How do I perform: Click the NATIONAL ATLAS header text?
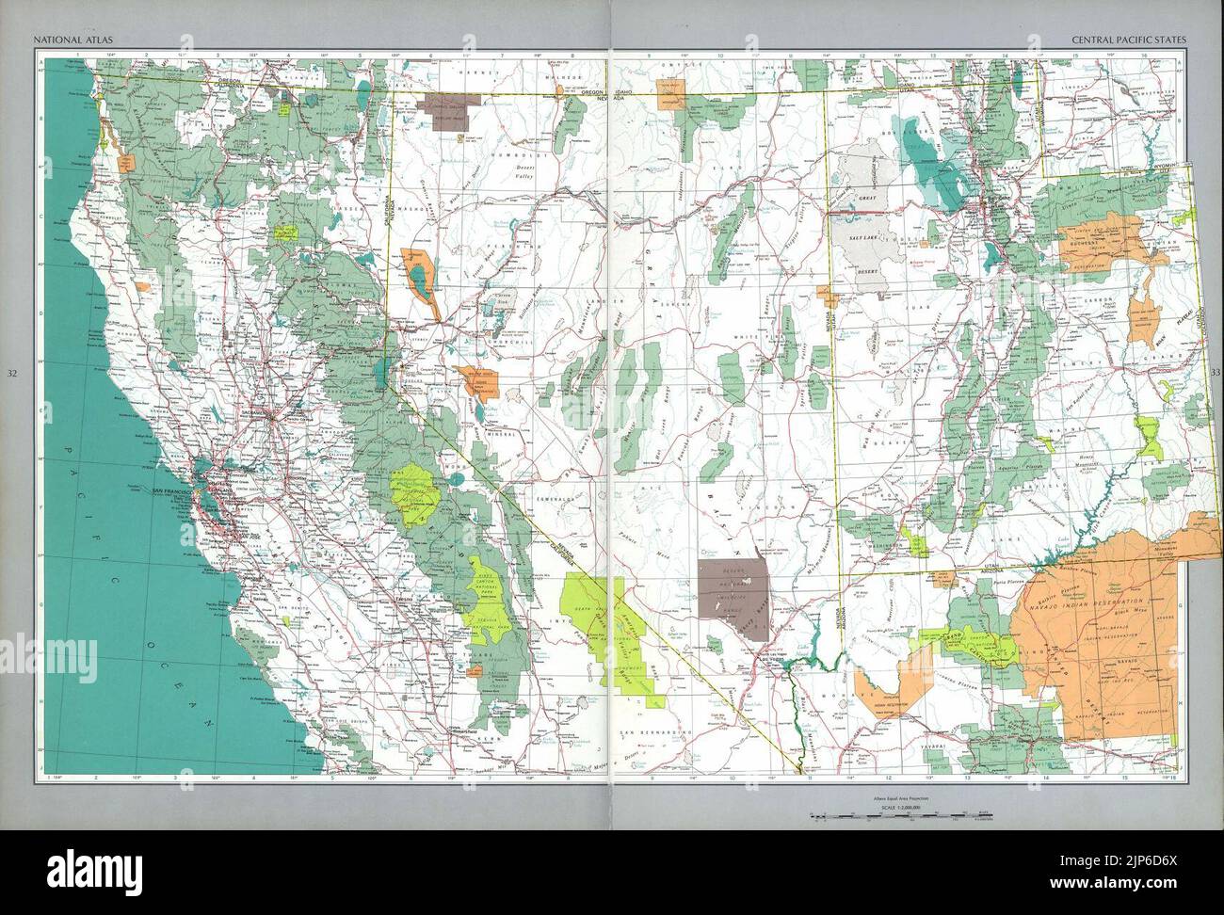click(x=67, y=40)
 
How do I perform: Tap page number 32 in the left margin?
click(x=12, y=374)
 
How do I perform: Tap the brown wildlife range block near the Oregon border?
click(x=446, y=109)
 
